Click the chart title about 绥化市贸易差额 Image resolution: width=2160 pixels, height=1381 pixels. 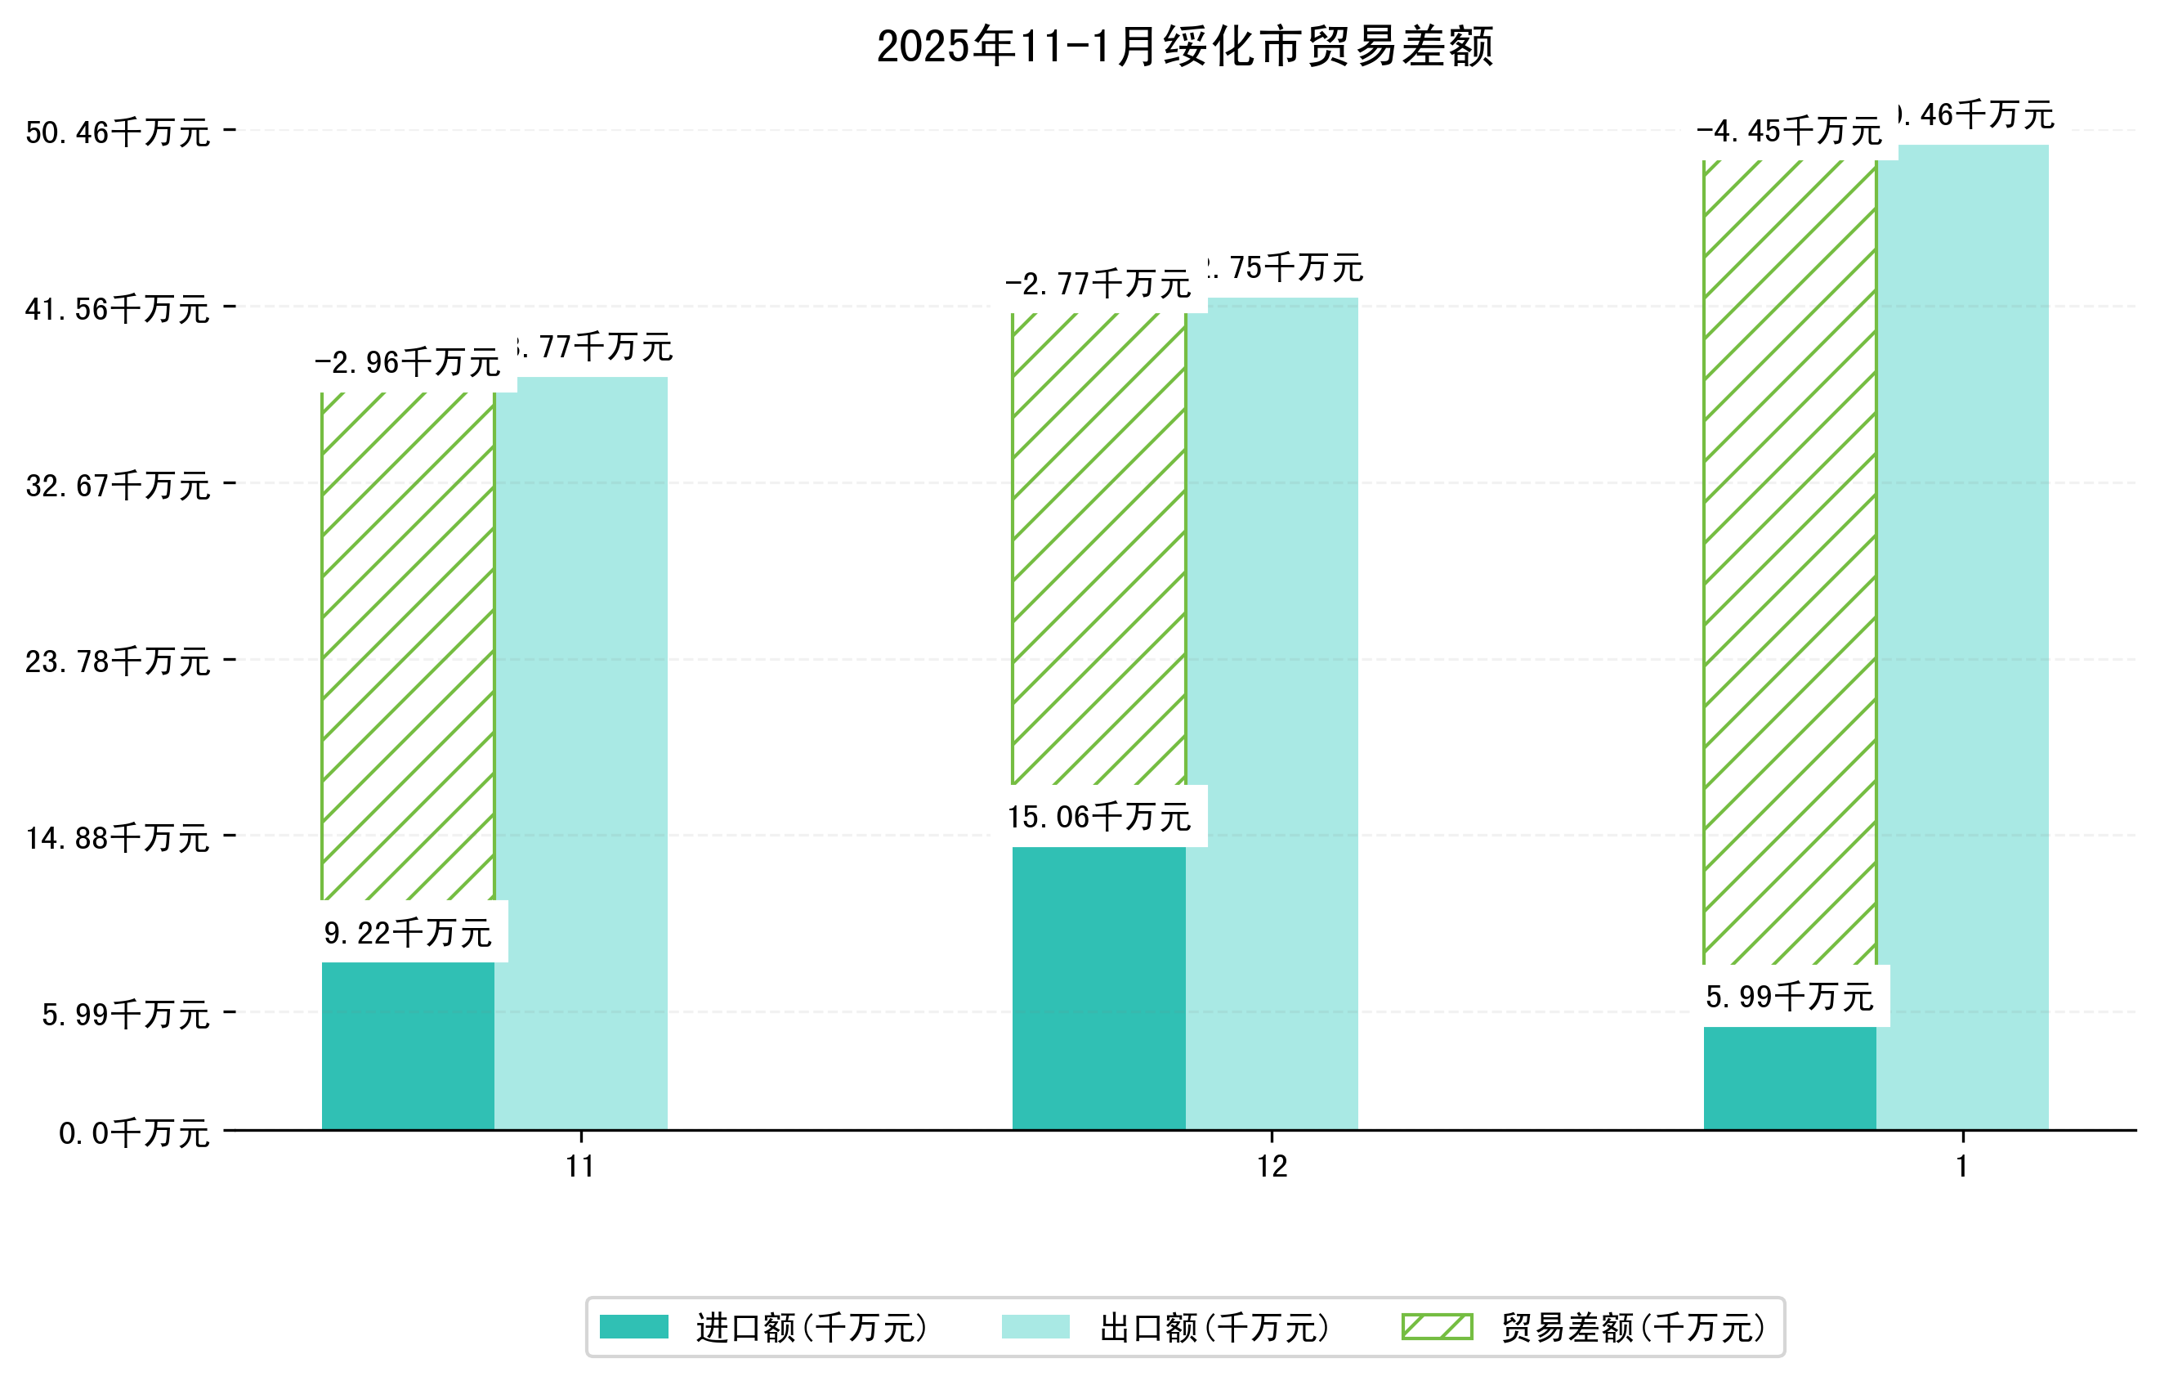(1185, 47)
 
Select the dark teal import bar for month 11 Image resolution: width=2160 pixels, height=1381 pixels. (408, 1046)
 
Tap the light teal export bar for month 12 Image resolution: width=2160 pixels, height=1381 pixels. (1271, 713)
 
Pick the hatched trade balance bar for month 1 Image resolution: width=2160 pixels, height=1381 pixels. (1790, 562)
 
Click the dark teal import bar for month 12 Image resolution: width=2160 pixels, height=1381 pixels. (1099, 988)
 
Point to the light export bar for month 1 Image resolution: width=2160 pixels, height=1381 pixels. (1963, 637)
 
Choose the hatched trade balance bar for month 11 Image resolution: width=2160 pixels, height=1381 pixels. (408, 646)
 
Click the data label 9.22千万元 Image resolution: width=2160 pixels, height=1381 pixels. (408, 933)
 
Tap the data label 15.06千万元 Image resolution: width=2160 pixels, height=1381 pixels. (1099, 818)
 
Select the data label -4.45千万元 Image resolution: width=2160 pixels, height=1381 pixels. (1790, 132)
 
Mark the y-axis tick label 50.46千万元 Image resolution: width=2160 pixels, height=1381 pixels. (118, 132)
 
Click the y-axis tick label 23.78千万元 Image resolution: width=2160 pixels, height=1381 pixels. (118, 661)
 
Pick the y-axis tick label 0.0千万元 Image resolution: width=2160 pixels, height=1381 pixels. (135, 1133)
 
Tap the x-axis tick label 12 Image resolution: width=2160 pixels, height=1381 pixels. (1272, 1167)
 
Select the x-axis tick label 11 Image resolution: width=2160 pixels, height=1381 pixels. (580, 1167)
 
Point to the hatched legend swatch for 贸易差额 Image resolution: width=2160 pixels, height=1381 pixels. (1437, 1326)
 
